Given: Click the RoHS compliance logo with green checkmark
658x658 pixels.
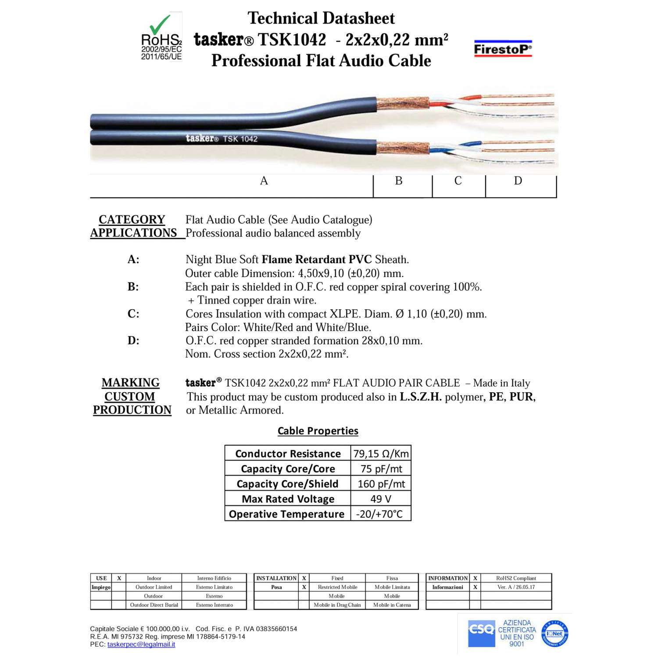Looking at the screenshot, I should (161, 37).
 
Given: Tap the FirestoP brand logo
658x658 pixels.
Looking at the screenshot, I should (503, 49).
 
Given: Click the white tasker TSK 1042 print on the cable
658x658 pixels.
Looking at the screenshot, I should (222, 139).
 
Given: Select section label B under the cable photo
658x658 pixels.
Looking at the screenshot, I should (398, 181).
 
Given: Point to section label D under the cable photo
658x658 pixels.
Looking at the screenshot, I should (518, 181).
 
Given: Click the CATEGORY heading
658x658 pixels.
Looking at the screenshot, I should (132, 219).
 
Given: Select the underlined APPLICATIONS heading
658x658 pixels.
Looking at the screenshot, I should (133, 233).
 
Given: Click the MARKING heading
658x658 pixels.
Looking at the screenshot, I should (131, 383).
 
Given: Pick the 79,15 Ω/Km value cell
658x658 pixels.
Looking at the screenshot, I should (381, 454).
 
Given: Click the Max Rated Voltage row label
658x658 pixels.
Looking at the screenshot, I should (288, 499).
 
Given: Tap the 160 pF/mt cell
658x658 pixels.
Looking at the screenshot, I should (381, 484).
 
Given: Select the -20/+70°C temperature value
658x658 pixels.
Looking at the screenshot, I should (379, 514).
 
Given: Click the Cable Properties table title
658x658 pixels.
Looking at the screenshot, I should (318, 431).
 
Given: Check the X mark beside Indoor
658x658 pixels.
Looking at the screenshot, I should (119, 578).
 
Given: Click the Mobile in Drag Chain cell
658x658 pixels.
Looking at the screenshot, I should (337, 605).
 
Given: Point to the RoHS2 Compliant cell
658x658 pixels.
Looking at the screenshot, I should (516, 578).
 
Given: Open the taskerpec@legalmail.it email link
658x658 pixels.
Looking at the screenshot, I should (141, 644).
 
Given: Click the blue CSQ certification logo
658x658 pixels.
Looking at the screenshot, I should (481, 633).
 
